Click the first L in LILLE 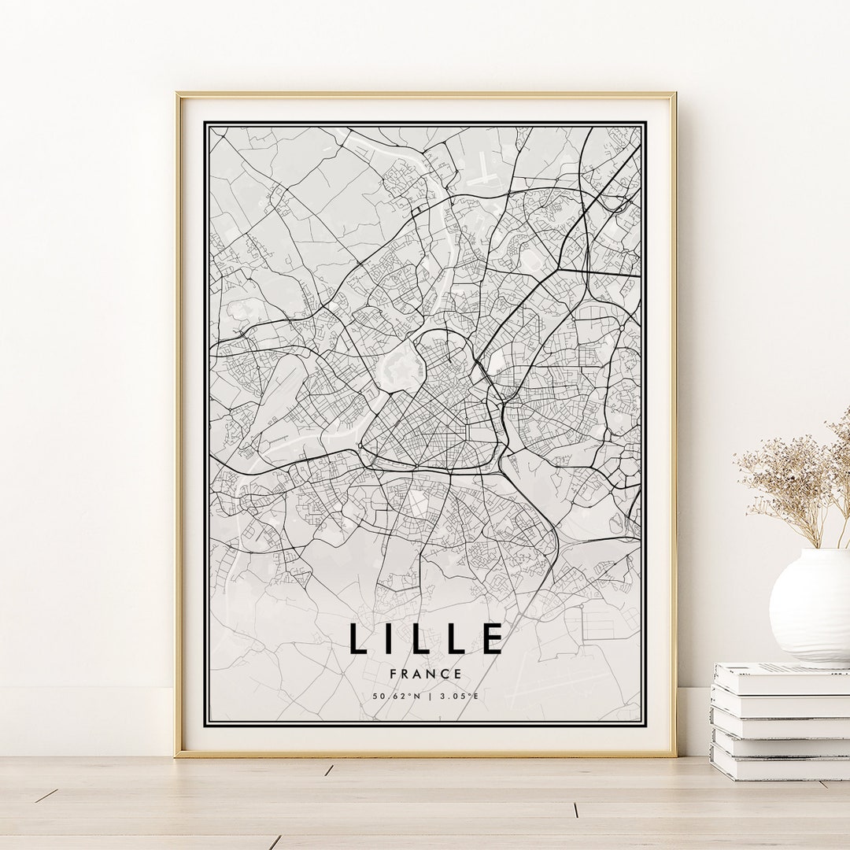point(359,638)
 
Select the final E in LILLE point(493,638)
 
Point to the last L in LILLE point(459,638)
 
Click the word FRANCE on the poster point(426,674)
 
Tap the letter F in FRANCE point(393,674)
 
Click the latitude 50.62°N point(397,696)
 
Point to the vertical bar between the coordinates point(430,696)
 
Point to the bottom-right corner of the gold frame point(674,755)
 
